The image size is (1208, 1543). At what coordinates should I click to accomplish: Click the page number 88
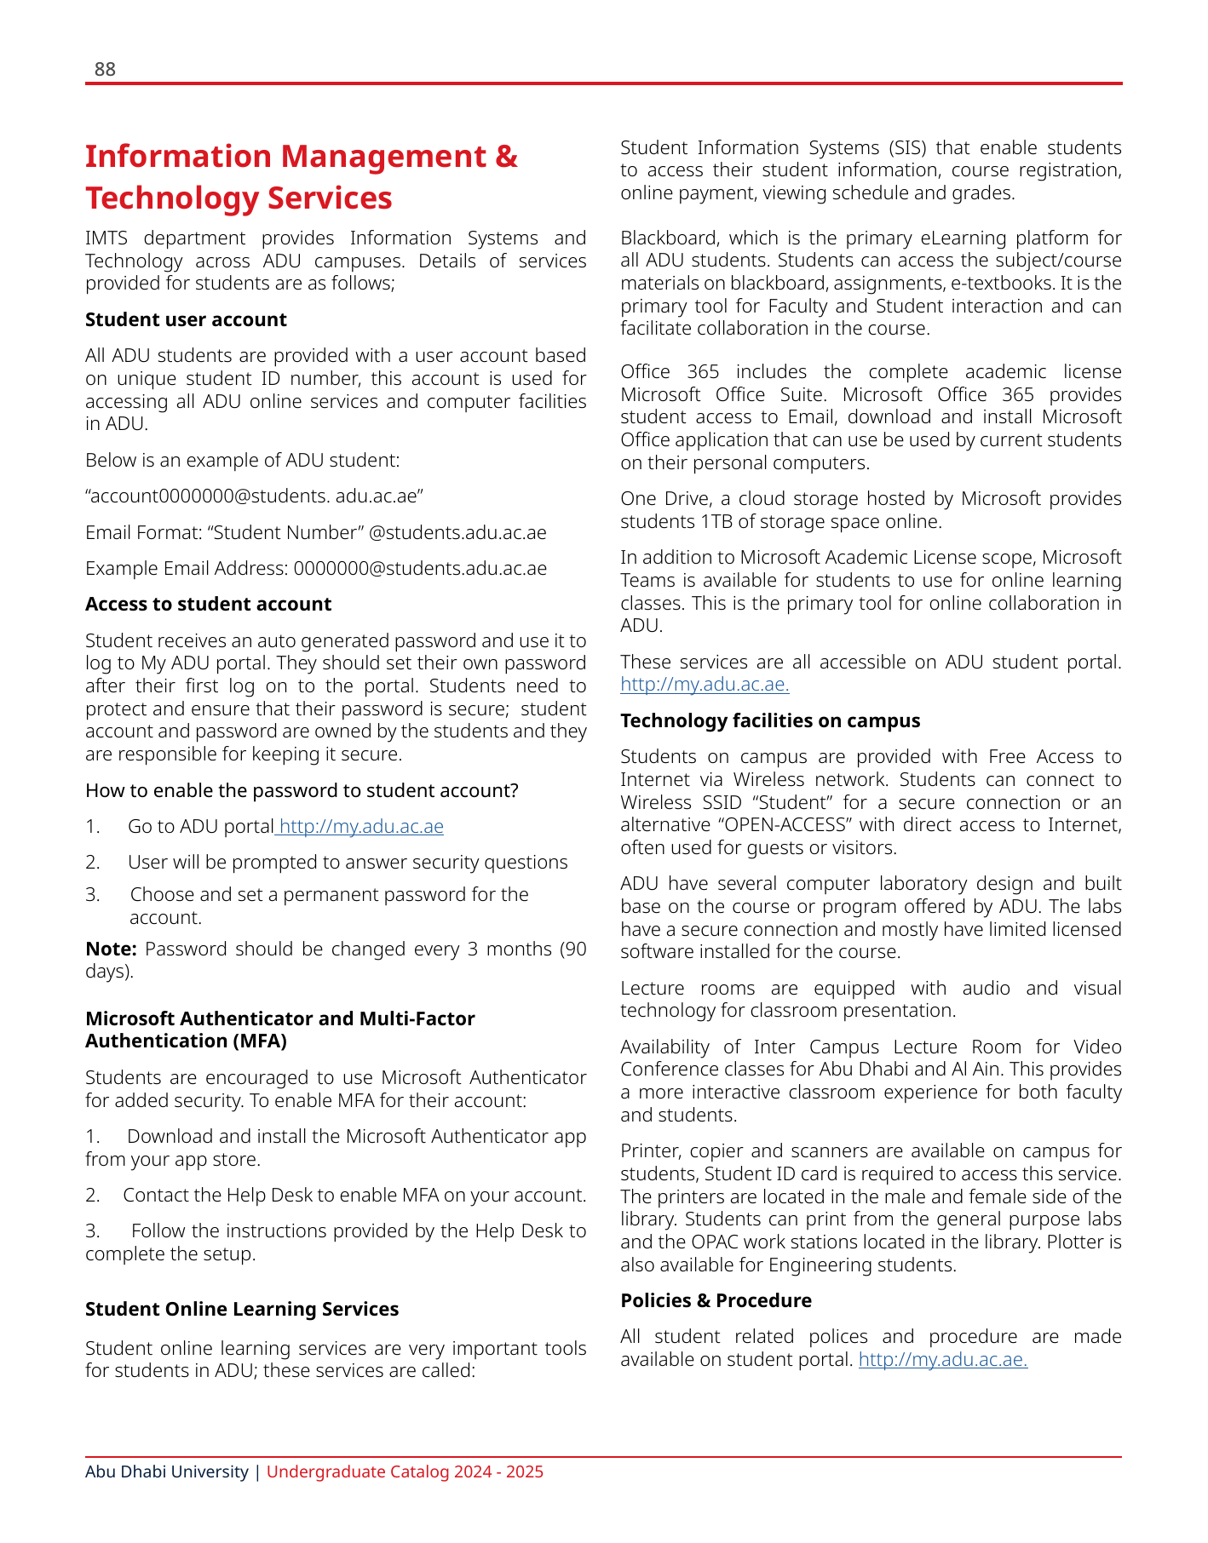tap(105, 70)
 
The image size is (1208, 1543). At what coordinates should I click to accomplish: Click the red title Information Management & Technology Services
tap(301, 177)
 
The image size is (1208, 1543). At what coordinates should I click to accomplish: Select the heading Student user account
tap(186, 319)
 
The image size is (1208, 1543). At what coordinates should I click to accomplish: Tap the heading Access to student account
tap(208, 604)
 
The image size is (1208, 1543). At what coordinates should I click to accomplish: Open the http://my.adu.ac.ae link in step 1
tap(361, 826)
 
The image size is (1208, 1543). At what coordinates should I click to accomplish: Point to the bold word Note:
tap(111, 949)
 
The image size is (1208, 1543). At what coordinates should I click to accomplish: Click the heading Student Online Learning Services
tap(242, 1309)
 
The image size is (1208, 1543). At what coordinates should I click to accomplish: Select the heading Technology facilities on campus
tap(770, 720)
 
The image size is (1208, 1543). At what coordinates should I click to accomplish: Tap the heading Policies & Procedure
tap(716, 1300)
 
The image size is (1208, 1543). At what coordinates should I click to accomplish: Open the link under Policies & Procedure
tap(942, 1359)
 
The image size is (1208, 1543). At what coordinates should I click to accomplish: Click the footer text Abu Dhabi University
tap(167, 1471)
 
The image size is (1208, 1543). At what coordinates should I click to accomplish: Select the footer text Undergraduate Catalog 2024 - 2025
tap(405, 1471)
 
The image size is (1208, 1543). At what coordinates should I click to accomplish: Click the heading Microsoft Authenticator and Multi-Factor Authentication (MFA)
tap(279, 1030)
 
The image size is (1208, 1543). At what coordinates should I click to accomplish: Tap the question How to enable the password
tap(302, 790)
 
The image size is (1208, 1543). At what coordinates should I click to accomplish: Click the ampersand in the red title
tap(506, 157)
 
